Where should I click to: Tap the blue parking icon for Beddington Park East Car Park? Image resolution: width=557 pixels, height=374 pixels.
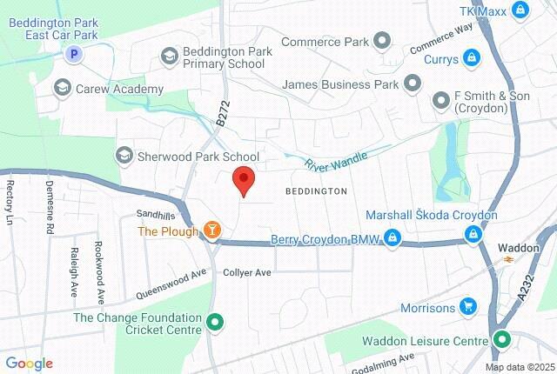pos(74,54)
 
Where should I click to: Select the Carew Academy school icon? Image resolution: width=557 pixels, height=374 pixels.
pos(62,87)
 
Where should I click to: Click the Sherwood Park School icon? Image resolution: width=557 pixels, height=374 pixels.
pos(124,156)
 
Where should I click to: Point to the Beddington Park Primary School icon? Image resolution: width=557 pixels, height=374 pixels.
pos(169,56)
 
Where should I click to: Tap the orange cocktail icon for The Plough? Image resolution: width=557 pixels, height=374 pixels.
pos(211,230)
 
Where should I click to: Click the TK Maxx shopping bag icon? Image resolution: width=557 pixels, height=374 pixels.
pos(520,10)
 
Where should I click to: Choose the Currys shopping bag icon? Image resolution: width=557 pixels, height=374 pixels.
pos(471,57)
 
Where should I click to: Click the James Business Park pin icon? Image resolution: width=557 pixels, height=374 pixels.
pos(413,84)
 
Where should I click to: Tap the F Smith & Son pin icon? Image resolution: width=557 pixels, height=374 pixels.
pos(440,101)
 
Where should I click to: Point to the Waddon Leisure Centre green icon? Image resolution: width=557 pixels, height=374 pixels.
pos(501,339)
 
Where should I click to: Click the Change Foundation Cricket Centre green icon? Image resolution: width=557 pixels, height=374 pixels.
pos(216,324)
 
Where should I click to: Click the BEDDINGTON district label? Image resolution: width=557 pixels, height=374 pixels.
pos(316,190)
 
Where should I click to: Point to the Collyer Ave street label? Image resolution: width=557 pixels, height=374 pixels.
pos(247,272)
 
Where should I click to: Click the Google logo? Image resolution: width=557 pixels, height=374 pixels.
pos(29,364)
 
